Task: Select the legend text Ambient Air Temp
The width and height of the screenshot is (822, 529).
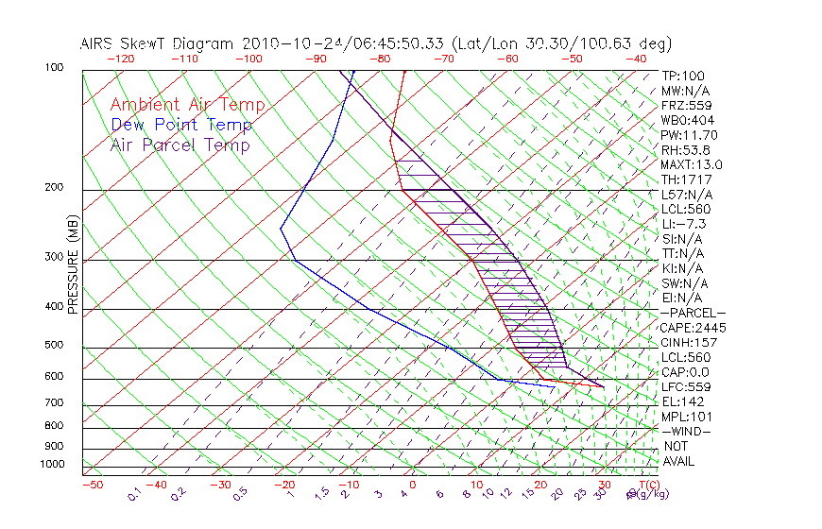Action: point(187,105)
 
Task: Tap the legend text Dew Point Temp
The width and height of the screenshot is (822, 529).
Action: point(181,125)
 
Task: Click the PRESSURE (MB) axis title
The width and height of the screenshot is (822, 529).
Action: point(73,265)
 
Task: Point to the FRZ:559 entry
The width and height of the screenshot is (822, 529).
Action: point(685,105)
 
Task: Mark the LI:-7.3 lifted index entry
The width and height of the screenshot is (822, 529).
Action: point(684,224)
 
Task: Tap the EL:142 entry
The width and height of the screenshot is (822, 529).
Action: point(680,401)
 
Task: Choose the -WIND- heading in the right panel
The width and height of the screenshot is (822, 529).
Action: point(686,431)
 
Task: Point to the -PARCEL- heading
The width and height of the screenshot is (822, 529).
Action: point(693,313)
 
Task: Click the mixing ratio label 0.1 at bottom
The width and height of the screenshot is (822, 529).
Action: point(134,493)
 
